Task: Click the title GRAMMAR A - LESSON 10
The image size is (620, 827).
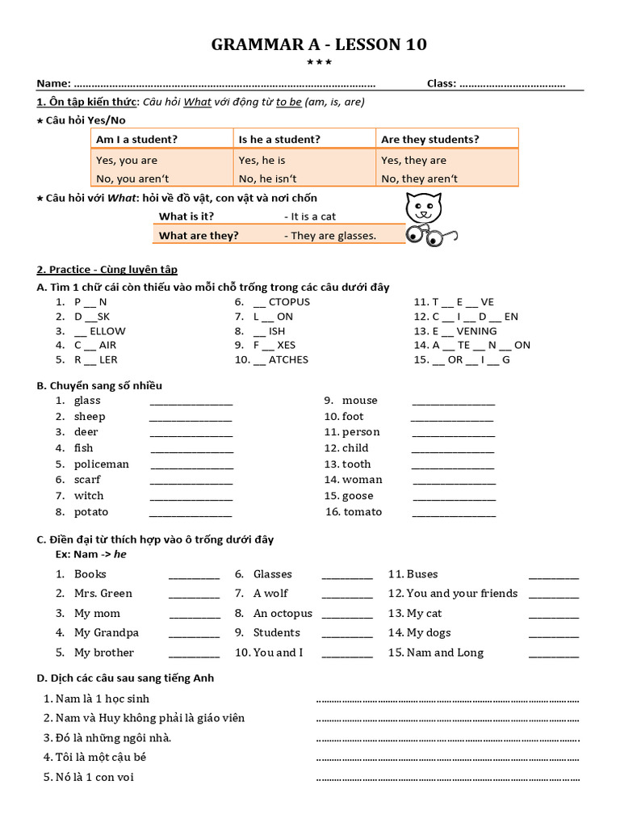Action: click(319, 44)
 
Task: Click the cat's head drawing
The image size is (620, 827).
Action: click(422, 209)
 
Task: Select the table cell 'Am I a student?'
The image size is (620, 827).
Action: click(136, 140)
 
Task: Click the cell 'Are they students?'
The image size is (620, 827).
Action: click(429, 140)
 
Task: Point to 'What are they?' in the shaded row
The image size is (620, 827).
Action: click(199, 236)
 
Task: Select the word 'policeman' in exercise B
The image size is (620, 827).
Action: click(102, 464)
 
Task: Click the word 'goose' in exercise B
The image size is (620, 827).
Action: click(358, 496)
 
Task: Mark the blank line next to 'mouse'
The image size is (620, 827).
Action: click(453, 402)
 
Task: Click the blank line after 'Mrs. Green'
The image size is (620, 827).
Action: click(194, 595)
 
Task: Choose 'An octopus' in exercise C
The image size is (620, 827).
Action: click(283, 613)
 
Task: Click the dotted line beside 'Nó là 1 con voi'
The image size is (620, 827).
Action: click(447, 779)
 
